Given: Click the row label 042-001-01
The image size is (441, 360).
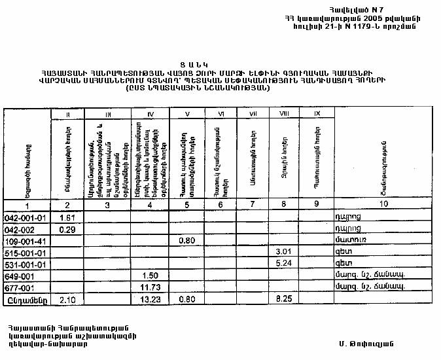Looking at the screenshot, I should click(25, 217).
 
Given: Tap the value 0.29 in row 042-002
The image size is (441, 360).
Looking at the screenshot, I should click(67, 228).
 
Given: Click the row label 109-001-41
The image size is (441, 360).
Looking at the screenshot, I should click(25, 241).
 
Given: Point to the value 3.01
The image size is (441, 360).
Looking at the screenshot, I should click(283, 252).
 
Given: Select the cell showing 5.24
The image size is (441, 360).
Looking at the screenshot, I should click(283, 264).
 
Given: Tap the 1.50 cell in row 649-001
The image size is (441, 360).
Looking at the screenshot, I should click(150, 276).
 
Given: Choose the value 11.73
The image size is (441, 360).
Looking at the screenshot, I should click(150, 288).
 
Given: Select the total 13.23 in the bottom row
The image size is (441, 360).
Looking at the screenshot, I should click(150, 300).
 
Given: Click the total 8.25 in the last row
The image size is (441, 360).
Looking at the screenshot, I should click(283, 300).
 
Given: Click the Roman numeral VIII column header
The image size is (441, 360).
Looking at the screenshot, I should click(284, 115).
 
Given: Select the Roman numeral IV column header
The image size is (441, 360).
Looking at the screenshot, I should click(150, 115).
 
